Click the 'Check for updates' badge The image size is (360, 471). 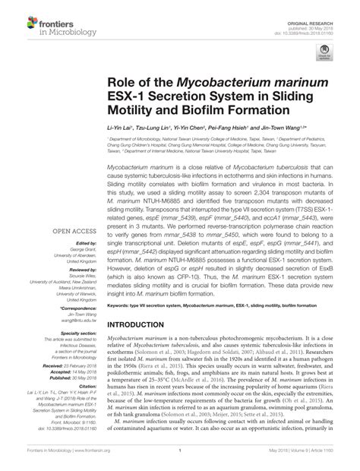coord(325,54)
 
